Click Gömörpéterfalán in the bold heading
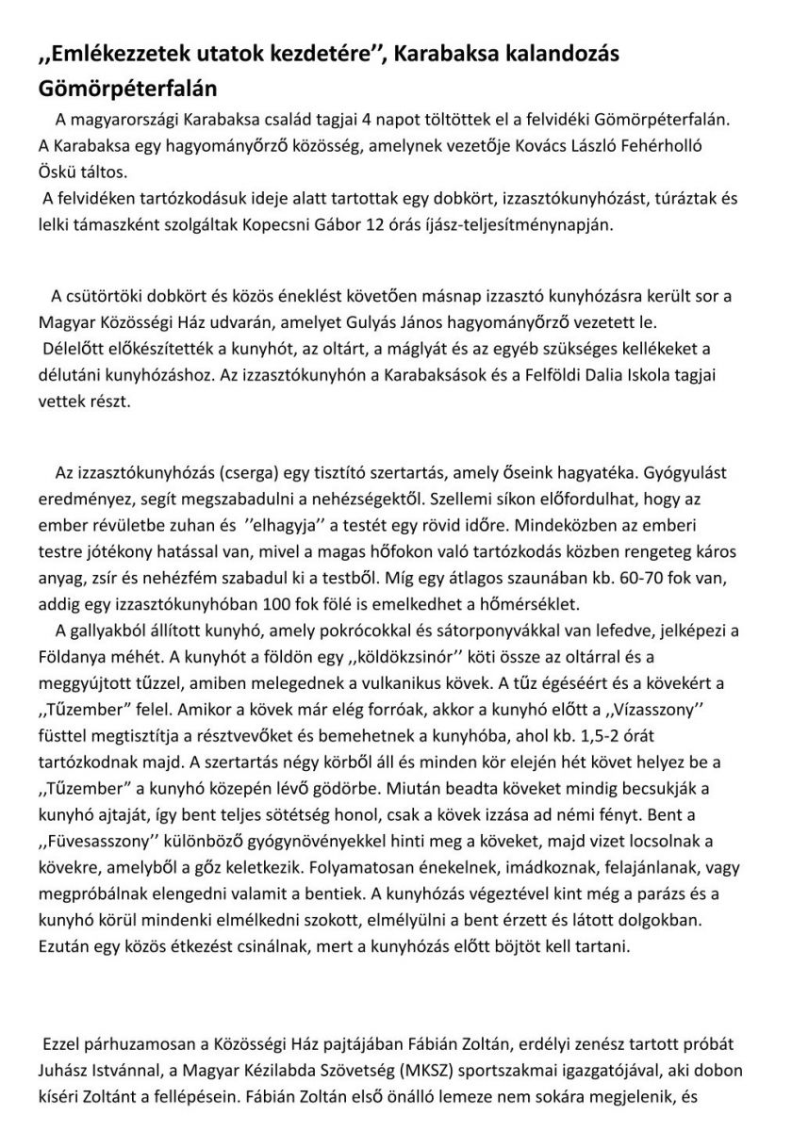coord(127,90)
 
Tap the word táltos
coord(99,173)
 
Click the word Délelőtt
coord(78,345)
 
